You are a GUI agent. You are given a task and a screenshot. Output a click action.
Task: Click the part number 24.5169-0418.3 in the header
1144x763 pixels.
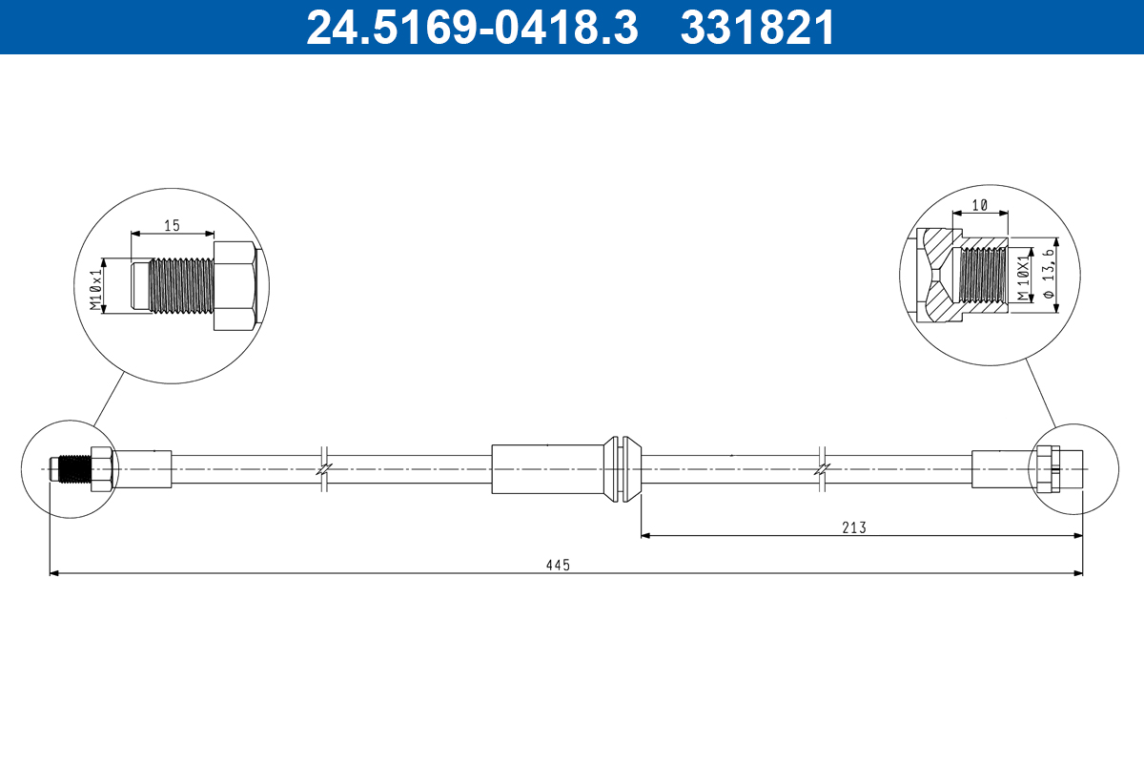coord(471,28)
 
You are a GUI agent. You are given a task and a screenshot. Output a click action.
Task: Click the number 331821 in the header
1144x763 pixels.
coord(758,28)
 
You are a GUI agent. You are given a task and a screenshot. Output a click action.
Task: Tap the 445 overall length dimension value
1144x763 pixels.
coord(558,565)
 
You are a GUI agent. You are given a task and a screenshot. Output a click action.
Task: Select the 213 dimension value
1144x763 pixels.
coord(854,527)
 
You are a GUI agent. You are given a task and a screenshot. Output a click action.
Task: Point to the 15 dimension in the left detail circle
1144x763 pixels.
coord(172,225)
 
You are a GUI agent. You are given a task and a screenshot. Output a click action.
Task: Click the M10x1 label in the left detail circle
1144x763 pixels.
coord(95,289)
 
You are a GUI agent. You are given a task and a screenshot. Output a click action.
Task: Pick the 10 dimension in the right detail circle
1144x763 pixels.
coord(978,205)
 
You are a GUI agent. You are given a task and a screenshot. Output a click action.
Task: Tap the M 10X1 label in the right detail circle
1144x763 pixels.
coord(1024,278)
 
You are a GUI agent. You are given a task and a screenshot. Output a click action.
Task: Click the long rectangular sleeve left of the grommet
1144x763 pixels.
coord(548,468)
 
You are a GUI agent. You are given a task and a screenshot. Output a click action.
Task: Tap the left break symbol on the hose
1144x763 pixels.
coord(324,468)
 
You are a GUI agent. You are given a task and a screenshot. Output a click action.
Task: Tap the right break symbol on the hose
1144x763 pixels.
coord(823,468)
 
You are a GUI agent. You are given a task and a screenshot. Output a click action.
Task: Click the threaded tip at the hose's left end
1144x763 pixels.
coord(69,469)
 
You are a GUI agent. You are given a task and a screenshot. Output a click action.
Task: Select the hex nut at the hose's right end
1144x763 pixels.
coord(1048,469)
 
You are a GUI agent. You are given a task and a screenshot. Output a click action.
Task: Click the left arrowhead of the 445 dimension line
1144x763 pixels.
coord(53,573)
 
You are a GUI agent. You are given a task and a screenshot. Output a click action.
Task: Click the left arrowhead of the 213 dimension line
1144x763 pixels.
coord(645,536)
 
